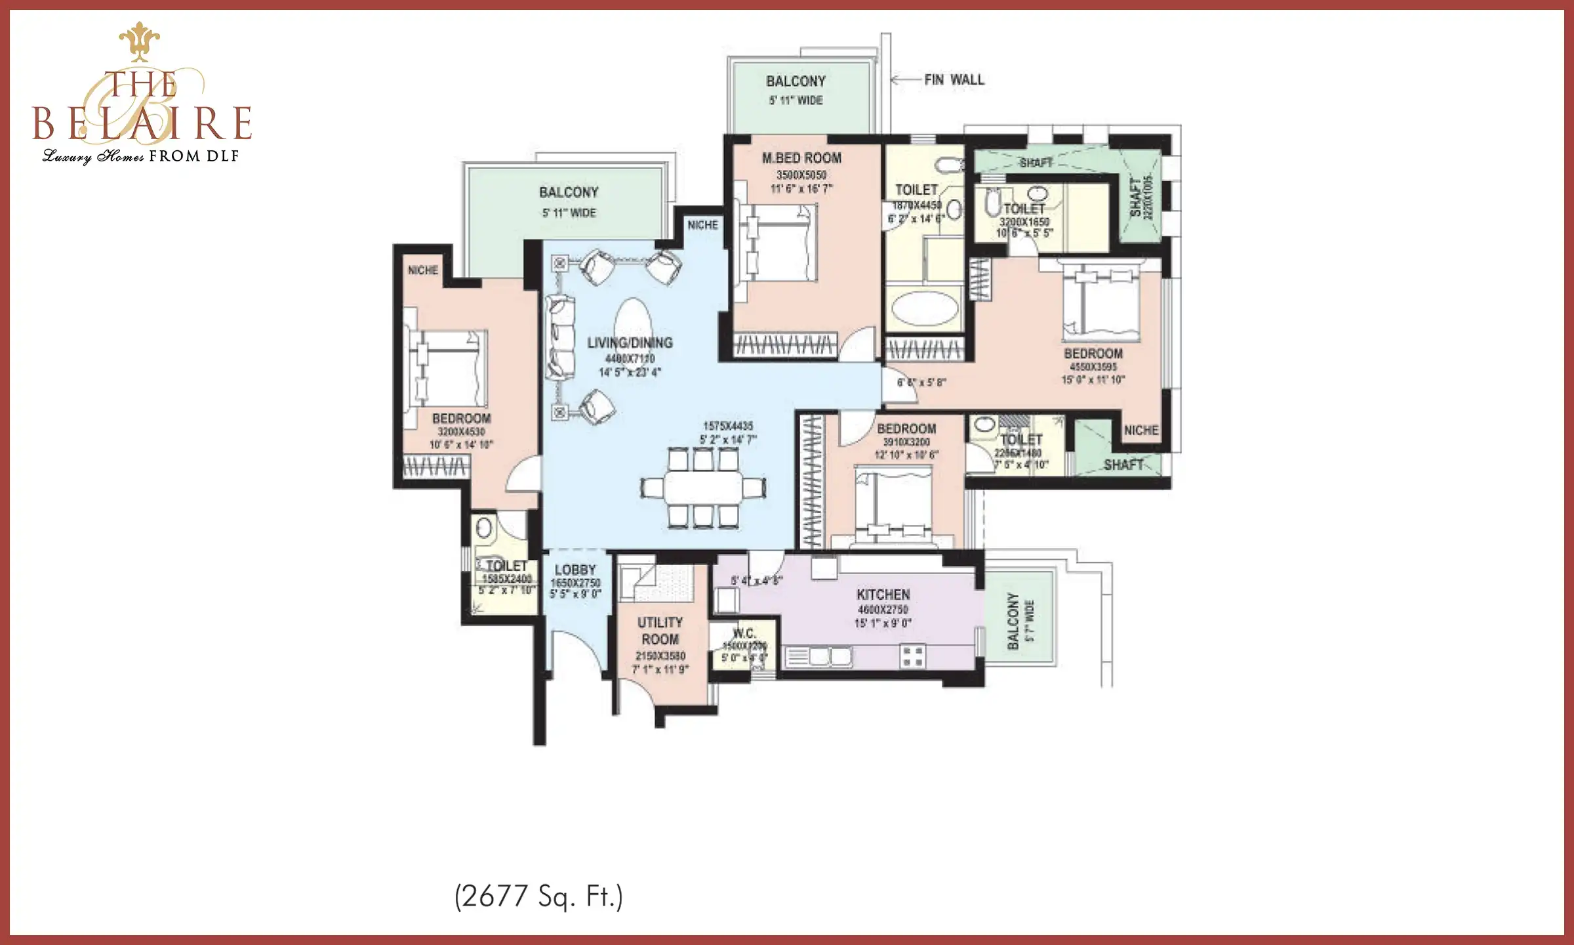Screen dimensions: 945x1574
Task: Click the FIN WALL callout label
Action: click(954, 80)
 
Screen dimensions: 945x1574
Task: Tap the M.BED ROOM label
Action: click(801, 158)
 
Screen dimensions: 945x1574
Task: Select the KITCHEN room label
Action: click(883, 595)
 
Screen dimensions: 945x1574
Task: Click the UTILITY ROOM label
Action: click(660, 631)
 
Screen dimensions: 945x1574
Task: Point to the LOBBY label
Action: click(575, 570)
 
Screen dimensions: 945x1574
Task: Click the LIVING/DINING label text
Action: click(630, 343)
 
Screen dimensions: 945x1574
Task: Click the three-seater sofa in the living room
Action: click(560, 339)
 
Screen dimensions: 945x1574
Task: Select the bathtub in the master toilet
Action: click(925, 308)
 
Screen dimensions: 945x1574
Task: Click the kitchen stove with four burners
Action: click(912, 656)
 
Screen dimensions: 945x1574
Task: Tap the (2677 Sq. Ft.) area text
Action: click(538, 896)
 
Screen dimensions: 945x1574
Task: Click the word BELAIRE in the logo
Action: click(142, 123)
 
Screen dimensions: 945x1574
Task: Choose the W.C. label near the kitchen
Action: click(744, 633)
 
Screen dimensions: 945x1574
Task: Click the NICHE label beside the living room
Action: click(702, 225)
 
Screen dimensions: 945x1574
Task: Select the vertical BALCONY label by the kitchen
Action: click(1013, 621)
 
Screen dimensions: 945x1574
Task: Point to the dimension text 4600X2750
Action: click(883, 610)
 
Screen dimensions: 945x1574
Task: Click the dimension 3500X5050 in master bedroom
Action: click(801, 175)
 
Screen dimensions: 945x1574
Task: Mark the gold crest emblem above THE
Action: click(140, 41)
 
